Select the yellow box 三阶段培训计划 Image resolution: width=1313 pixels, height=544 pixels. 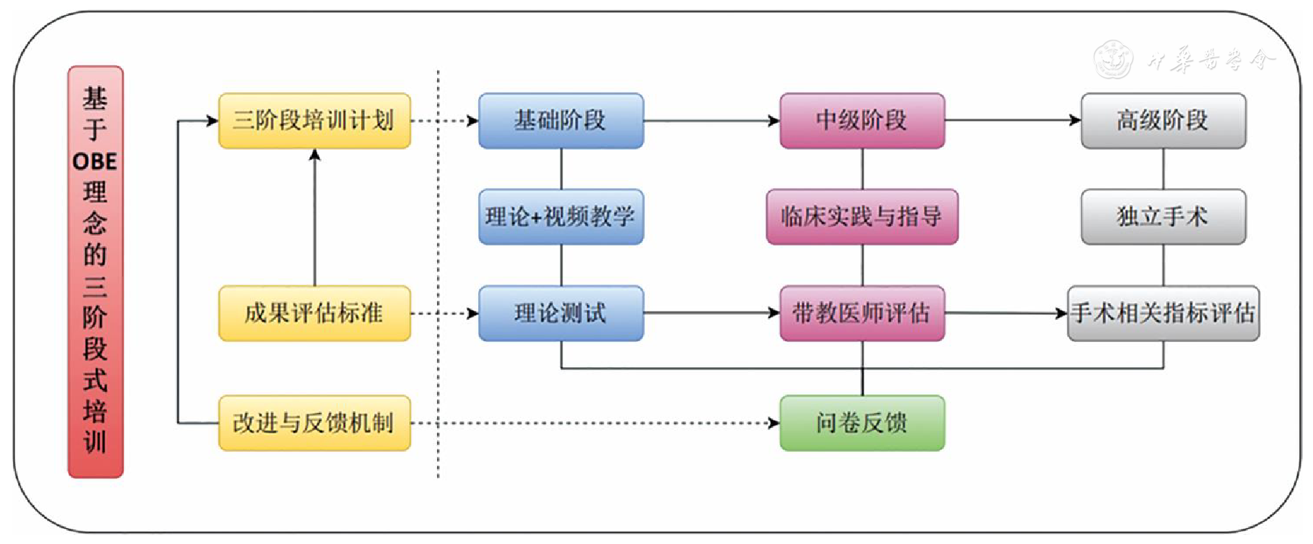pos(314,121)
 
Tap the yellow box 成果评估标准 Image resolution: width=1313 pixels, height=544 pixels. pos(314,313)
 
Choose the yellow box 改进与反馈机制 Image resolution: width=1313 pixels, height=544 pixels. pos(314,423)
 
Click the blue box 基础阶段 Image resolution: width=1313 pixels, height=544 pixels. pos(560,121)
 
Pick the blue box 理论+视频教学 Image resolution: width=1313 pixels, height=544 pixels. pos(560,217)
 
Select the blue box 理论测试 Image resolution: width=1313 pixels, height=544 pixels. pos(560,313)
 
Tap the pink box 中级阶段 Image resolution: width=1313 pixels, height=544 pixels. pos(862,121)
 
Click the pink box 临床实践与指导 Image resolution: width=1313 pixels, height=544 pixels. pos(862,217)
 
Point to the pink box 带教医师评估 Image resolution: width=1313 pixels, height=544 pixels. pos(862,313)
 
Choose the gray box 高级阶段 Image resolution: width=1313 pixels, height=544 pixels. pos(1163,121)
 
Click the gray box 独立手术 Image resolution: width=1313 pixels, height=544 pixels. pos(1163,217)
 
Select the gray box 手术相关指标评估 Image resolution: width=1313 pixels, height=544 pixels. pos(1163,313)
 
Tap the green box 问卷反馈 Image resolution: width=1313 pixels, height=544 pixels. pos(862,423)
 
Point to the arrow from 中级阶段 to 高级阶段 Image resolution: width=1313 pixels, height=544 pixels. pos(1013,121)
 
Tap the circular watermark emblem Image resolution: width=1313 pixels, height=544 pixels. pos(1113,59)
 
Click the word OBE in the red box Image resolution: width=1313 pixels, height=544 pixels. pos(95,161)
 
